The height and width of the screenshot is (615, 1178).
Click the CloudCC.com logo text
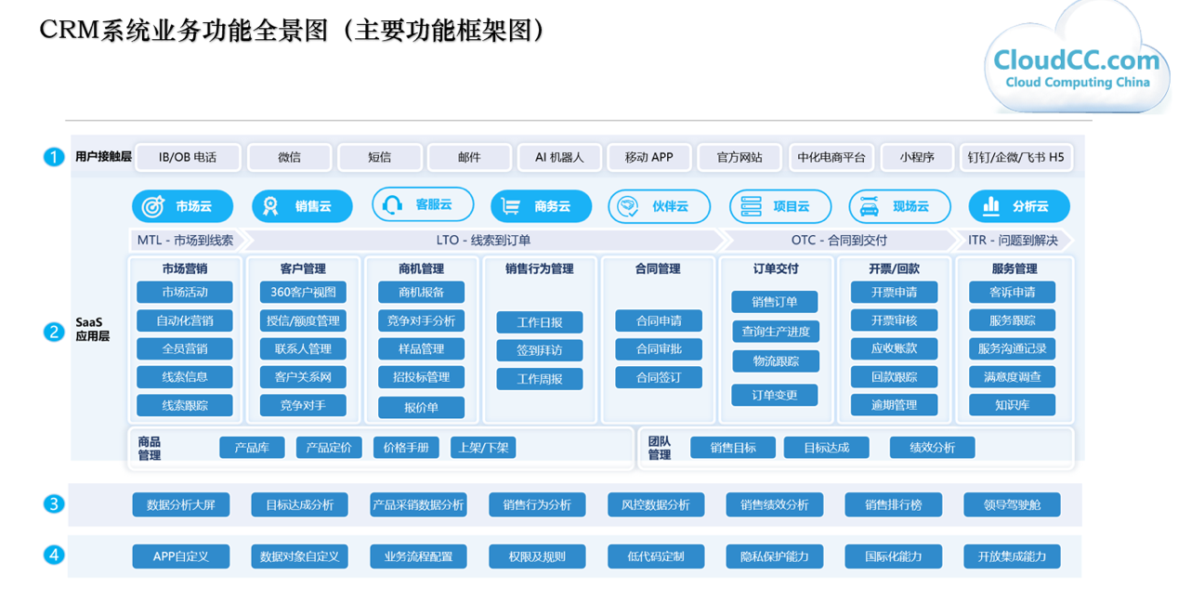(x=1077, y=60)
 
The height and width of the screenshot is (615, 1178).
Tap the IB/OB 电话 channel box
(x=188, y=157)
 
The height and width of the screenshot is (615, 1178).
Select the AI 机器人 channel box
(x=559, y=157)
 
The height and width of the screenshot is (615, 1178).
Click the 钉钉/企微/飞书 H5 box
(x=1015, y=157)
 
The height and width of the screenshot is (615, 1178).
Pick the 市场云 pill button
(x=182, y=206)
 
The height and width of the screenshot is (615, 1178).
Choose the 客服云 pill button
(x=423, y=204)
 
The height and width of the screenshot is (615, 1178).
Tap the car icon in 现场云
(x=870, y=207)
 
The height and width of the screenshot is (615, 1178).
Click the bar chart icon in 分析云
(x=990, y=206)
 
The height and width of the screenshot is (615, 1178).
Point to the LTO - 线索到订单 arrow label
(x=483, y=241)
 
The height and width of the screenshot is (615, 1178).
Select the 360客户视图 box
(x=303, y=292)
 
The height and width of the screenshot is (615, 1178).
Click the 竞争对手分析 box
(x=421, y=321)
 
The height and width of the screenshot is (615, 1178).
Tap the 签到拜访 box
(x=540, y=350)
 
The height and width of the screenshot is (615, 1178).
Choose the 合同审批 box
(x=659, y=349)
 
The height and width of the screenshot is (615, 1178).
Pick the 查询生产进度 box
(x=776, y=332)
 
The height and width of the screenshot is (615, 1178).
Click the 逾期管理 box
(x=894, y=405)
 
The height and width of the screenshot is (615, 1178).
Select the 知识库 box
(x=1013, y=405)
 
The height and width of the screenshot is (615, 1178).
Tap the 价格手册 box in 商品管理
(x=406, y=448)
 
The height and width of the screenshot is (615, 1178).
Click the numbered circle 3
(x=54, y=504)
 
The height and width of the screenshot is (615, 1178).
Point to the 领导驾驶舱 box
(x=1012, y=505)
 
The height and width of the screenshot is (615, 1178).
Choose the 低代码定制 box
(x=656, y=556)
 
